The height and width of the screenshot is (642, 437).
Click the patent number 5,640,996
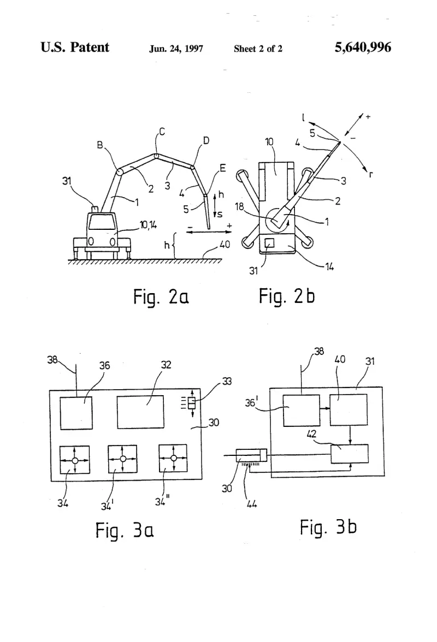click(363, 47)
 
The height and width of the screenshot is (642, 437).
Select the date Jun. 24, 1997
click(176, 49)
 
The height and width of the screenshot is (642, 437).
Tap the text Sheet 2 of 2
click(258, 49)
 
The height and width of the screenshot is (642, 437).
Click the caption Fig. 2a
click(161, 297)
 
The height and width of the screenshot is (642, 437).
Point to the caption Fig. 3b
click(328, 527)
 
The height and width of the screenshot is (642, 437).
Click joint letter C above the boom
click(162, 132)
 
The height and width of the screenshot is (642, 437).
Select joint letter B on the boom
click(100, 145)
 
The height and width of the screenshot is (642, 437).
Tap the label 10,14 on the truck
click(148, 225)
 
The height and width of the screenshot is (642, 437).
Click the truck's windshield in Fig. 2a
click(102, 222)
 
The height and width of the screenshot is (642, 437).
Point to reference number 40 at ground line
click(225, 245)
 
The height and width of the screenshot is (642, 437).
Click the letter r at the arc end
click(371, 175)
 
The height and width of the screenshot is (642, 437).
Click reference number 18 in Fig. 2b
click(240, 206)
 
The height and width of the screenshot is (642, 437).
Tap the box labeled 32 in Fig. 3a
click(140, 412)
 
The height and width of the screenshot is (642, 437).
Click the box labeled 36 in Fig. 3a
click(76, 413)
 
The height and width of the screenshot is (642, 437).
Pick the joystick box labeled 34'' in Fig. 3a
click(173, 459)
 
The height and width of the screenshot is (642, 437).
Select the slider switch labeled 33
click(192, 404)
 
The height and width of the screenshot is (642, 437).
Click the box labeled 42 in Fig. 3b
click(350, 454)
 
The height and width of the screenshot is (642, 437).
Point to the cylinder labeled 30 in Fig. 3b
click(251, 455)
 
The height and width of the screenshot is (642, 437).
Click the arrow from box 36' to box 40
click(325, 408)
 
